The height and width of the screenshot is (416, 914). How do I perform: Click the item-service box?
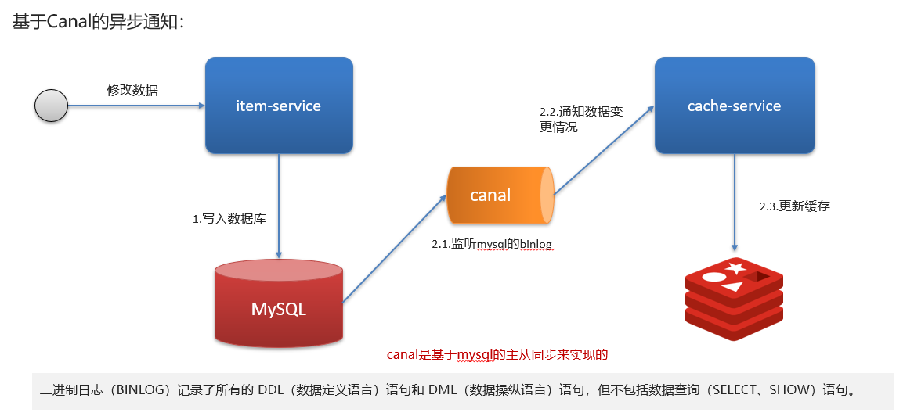[279, 106]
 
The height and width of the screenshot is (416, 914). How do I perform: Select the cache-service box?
[734, 106]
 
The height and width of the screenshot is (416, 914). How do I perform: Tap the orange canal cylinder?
[499, 195]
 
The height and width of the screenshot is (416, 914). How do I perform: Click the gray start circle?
[51, 106]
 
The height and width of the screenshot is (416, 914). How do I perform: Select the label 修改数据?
[132, 90]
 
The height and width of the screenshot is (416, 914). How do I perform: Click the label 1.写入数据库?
[229, 219]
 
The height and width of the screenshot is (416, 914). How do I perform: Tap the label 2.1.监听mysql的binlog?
[492, 244]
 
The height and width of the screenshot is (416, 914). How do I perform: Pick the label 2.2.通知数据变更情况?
[581, 119]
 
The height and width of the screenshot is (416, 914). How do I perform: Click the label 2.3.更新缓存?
[794, 206]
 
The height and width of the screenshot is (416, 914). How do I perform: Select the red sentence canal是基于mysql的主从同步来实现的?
[497, 354]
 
